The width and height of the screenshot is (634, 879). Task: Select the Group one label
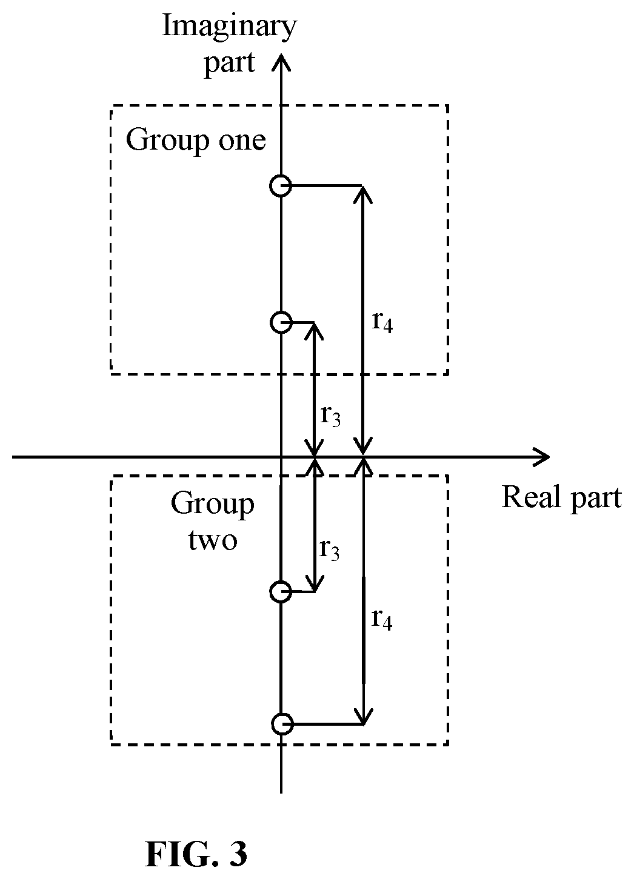coord(196,141)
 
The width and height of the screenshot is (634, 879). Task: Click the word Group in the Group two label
coord(212,505)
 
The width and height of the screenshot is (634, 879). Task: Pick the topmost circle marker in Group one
coord(281,185)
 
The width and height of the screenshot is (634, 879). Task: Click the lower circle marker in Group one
coord(281,322)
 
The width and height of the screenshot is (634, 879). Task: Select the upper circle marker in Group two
coord(281,591)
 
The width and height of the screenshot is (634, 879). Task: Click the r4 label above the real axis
coord(382,322)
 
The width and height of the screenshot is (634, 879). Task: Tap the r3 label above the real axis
coord(330,416)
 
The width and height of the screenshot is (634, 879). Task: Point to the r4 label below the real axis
coord(382,619)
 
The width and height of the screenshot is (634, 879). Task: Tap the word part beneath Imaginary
coord(230,64)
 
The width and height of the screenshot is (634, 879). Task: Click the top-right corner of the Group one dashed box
coord(448,105)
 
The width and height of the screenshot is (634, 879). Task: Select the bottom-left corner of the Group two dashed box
coord(112,745)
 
